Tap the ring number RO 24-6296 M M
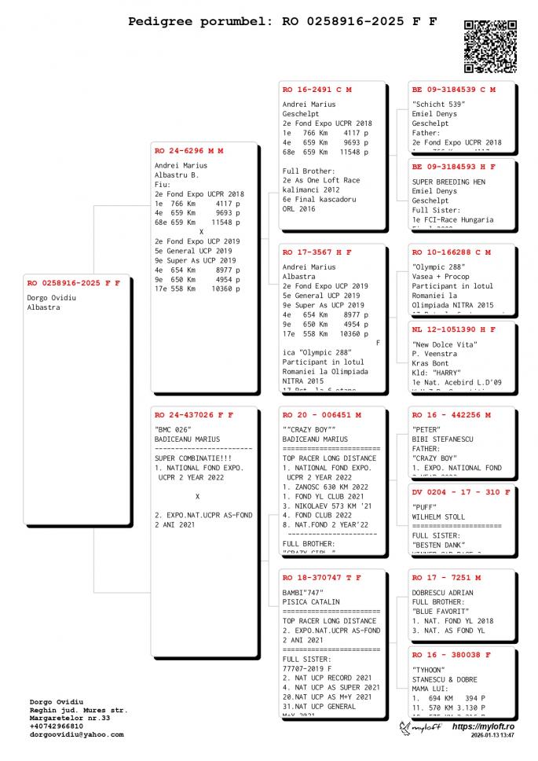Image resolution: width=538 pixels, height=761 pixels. coord(188,150)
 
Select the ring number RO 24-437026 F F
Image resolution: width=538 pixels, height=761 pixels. coord(193,414)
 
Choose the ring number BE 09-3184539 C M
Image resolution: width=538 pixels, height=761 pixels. coord(453,90)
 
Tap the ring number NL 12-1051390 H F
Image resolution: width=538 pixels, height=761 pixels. coord(453,329)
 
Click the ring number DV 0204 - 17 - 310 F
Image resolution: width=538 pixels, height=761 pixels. coord(461,492)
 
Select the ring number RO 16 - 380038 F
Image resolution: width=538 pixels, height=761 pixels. coord(451,654)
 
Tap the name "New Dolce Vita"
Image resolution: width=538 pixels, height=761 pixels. coord(445,344)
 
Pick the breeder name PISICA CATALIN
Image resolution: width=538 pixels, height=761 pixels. coord(311,601)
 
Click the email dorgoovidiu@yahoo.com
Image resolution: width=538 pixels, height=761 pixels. coord(76,734)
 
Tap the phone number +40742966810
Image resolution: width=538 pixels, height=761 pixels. coord(57,726)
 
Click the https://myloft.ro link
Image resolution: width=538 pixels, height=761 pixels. coord(484,727)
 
